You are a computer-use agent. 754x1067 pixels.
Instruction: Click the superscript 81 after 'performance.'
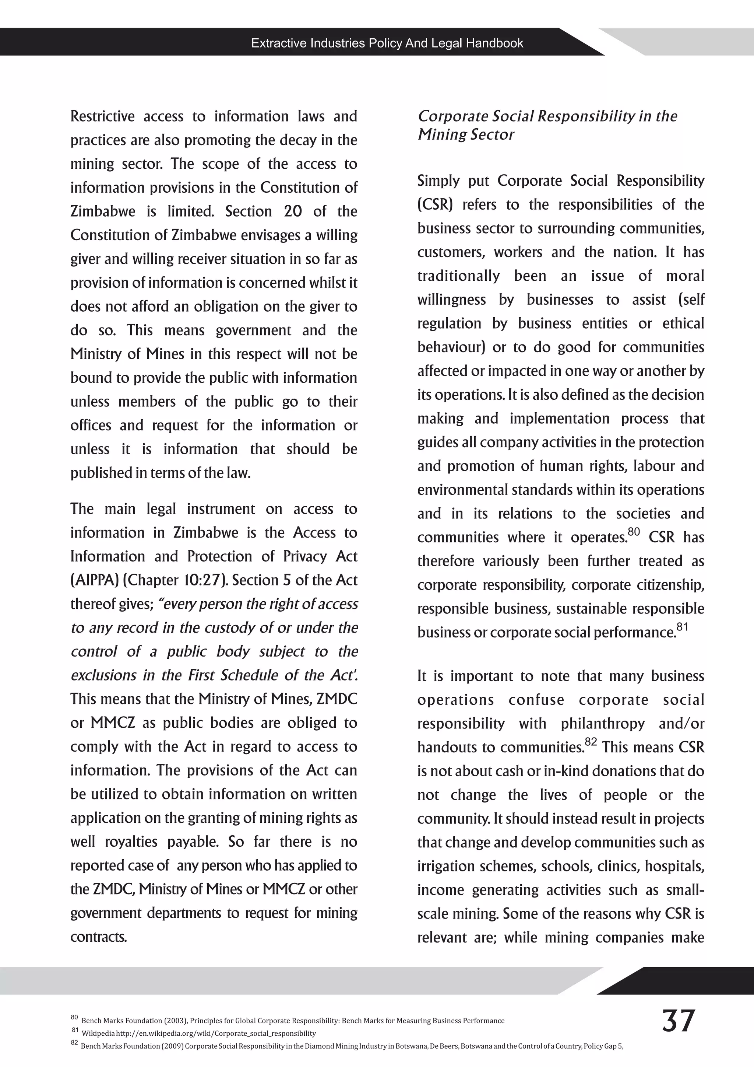[x=682, y=626]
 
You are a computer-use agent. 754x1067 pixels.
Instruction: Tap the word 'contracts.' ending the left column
[x=98, y=937]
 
